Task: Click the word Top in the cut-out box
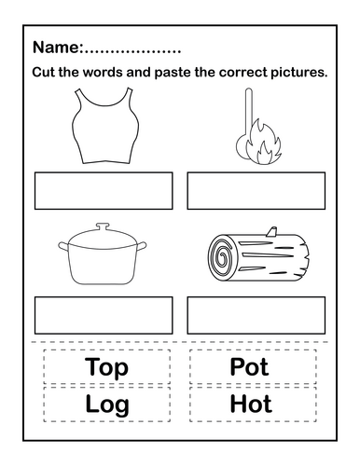point(106,367)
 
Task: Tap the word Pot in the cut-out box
point(249,366)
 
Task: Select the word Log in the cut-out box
point(107,404)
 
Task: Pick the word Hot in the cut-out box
point(251,404)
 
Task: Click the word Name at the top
point(56,48)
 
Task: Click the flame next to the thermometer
point(263,142)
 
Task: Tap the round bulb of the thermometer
point(242,147)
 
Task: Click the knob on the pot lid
point(103,226)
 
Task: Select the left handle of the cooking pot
point(63,246)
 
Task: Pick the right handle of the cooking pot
point(142,246)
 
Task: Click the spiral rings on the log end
point(222,256)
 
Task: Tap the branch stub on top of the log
point(271,232)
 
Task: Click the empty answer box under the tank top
point(104,191)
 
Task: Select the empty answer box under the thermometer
point(256,191)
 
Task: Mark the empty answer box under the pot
point(104,315)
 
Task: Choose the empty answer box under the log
point(256,315)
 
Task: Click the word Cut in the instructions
point(44,73)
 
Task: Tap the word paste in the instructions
point(173,73)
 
